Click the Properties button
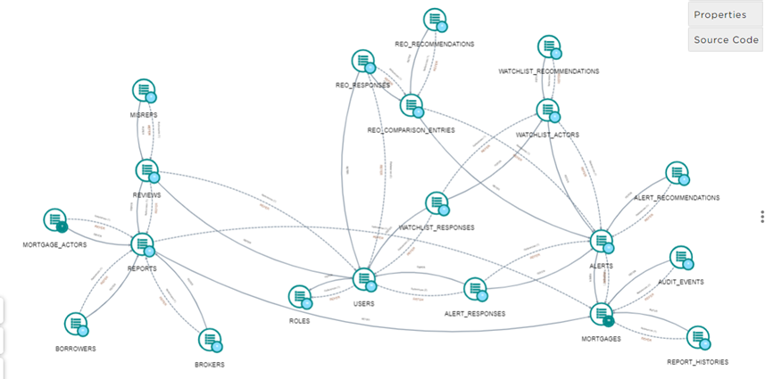(x=720, y=14)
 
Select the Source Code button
(x=726, y=40)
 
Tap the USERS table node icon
(x=363, y=279)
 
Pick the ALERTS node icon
(x=602, y=241)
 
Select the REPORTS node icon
(x=143, y=243)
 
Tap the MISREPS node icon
(x=145, y=90)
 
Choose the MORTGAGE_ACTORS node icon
(x=55, y=219)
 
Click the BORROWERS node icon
(x=77, y=324)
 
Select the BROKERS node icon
(x=208, y=340)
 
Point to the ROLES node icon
(x=300, y=297)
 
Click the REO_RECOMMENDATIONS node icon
(x=435, y=20)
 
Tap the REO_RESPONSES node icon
(x=362, y=62)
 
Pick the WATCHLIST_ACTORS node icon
(x=547, y=111)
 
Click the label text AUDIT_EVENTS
(x=680, y=282)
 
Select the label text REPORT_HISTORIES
(x=697, y=362)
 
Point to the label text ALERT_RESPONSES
(x=475, y=314)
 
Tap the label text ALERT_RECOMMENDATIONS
(x=676, y=197)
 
